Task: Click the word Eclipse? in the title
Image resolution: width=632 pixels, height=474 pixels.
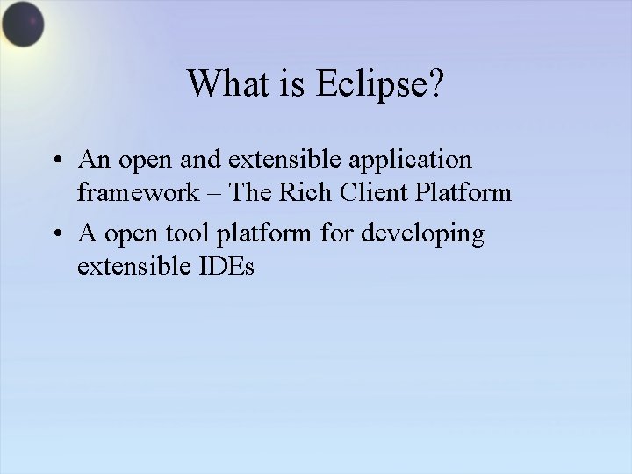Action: (378, 84)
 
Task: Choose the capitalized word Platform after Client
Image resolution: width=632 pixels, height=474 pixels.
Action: (466, 192)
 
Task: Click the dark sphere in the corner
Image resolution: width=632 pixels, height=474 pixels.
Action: (23, 25)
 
